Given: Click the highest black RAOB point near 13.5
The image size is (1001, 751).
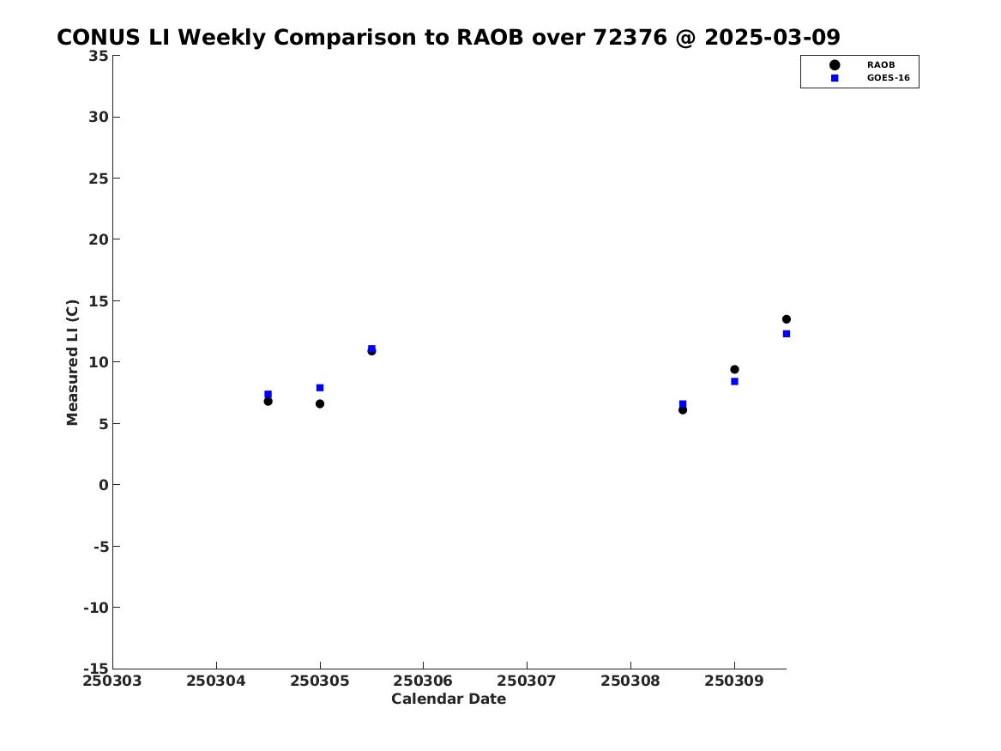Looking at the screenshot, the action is click(787, 319).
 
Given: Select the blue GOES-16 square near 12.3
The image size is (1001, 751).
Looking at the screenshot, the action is click(787, 334).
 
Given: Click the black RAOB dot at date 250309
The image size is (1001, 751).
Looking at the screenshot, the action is click(735, 370).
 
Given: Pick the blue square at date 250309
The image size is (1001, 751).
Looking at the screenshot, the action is click(735, 382).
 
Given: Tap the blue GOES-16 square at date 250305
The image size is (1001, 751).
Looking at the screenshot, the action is click(320, 388).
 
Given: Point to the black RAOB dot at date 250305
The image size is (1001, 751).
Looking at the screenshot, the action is click(320, 404).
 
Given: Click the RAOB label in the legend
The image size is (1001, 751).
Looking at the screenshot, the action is click(881, 65).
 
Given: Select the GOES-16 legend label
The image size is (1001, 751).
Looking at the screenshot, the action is click(889, 79).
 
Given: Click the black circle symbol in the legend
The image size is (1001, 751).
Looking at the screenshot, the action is click(835, 65).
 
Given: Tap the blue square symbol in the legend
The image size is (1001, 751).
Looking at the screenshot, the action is click(835, 79).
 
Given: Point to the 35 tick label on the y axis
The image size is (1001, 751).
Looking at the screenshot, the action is click(99, 56).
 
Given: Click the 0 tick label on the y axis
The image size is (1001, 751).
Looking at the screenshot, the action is click(104, 485).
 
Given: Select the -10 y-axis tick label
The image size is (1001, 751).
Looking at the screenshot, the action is click(96, 608).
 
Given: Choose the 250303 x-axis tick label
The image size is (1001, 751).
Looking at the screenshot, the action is click(112, 681).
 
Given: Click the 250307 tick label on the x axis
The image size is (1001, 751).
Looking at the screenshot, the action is click(527, 681).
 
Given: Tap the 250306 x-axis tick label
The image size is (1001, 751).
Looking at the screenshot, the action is click(423, 681).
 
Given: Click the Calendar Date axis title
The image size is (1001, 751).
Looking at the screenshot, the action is click(449, 700).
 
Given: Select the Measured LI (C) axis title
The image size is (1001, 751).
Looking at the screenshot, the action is click(72, 362).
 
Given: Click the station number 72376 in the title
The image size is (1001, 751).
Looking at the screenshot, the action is click(630, 38).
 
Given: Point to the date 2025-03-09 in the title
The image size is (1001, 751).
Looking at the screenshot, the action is click(773, 38).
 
